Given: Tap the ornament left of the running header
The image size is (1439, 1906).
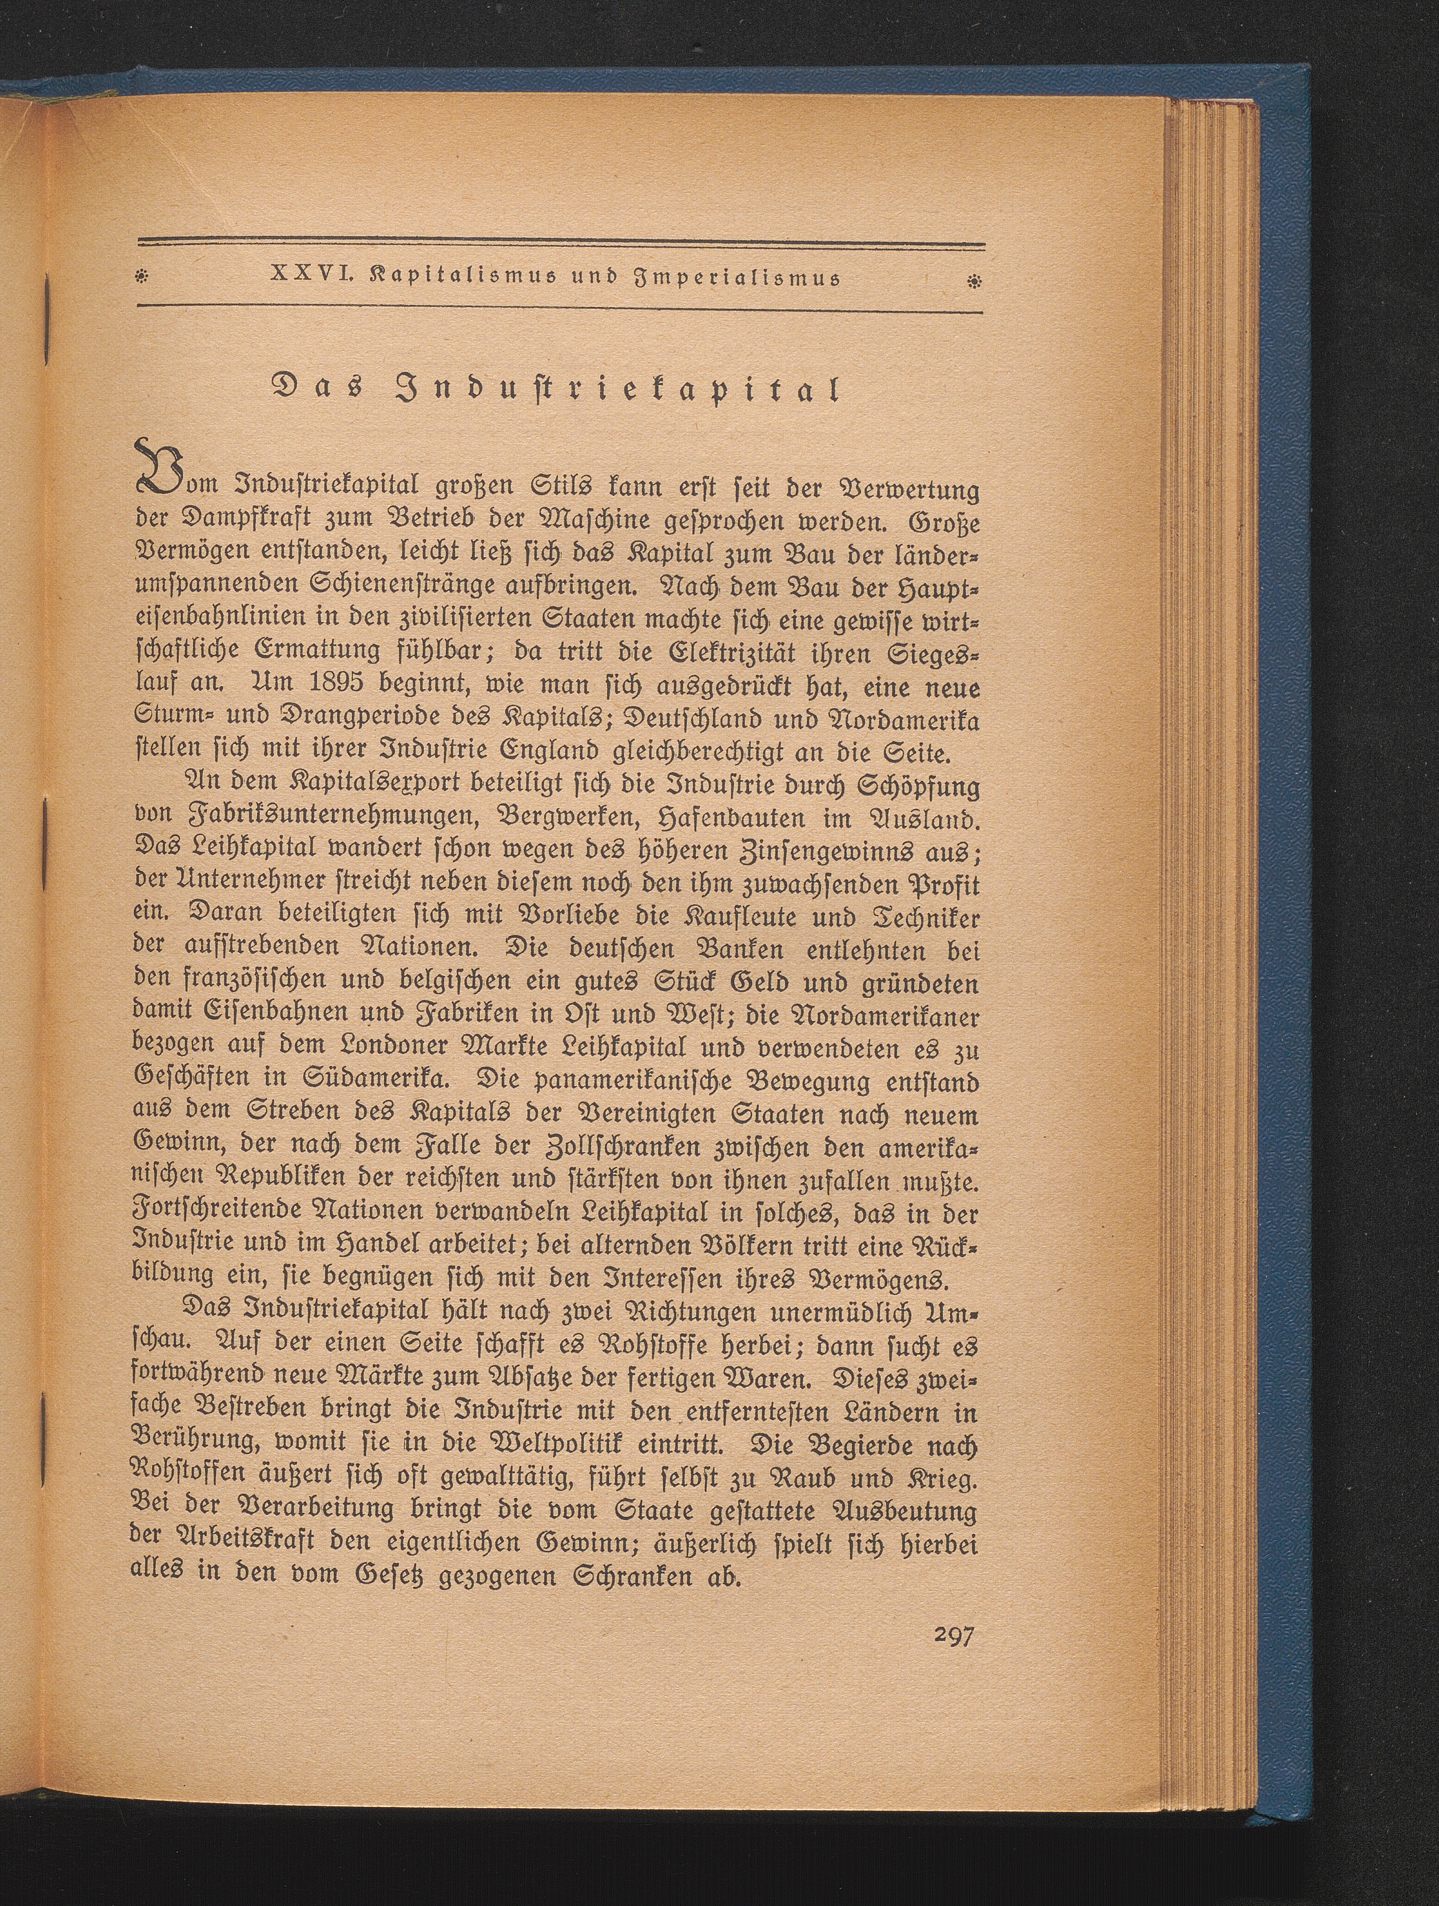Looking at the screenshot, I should (142, 279).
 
